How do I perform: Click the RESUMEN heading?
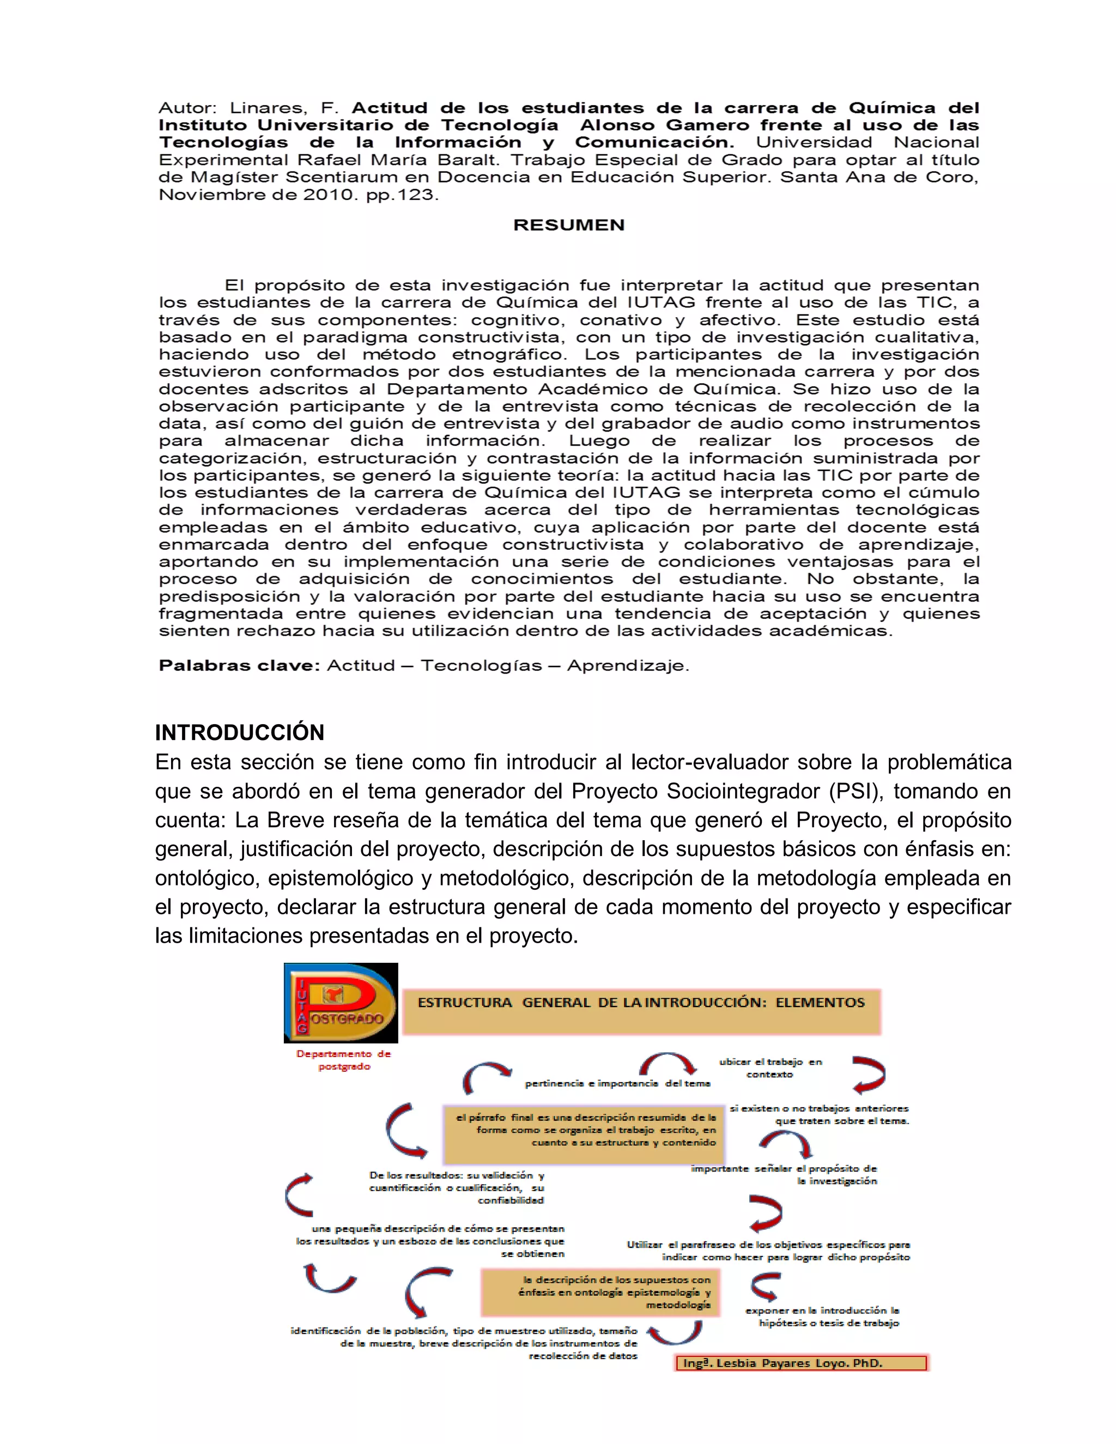568,225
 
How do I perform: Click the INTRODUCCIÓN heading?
239,732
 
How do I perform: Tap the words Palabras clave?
239,666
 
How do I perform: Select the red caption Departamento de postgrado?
344,1060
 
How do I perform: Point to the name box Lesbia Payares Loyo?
800,1363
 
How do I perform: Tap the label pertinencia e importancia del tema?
617,1083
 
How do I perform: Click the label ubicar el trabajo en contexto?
770,1068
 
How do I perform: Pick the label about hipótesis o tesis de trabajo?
822,1316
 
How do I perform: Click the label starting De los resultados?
457,1187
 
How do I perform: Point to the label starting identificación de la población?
464,1343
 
